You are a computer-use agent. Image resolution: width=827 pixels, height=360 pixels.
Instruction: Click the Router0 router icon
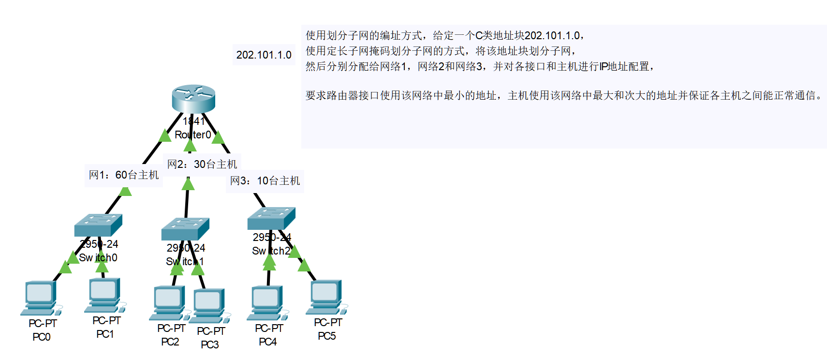point(193,98)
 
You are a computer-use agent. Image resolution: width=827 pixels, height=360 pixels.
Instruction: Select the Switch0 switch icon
point(98,225)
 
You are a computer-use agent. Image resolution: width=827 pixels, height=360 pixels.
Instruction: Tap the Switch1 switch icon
point(185,229)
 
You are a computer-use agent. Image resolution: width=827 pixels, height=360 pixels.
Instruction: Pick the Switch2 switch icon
point(271,218)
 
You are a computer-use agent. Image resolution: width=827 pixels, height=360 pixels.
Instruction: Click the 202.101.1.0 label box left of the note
point(264,55)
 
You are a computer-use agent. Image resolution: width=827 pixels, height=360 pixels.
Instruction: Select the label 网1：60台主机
point(124,175)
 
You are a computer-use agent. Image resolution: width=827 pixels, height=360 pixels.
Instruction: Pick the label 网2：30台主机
point(202,164)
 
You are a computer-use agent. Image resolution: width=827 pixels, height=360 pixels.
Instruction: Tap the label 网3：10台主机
point(265,181)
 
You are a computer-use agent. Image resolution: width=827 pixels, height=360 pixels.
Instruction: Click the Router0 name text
point(193,135)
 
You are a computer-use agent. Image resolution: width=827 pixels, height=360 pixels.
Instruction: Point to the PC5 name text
point(327,336)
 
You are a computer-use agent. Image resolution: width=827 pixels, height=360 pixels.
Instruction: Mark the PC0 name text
point(42,337)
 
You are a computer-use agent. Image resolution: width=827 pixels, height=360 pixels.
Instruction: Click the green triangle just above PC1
point(102,267)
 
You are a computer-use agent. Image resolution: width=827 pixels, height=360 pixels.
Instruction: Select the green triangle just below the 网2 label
point(188,184)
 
